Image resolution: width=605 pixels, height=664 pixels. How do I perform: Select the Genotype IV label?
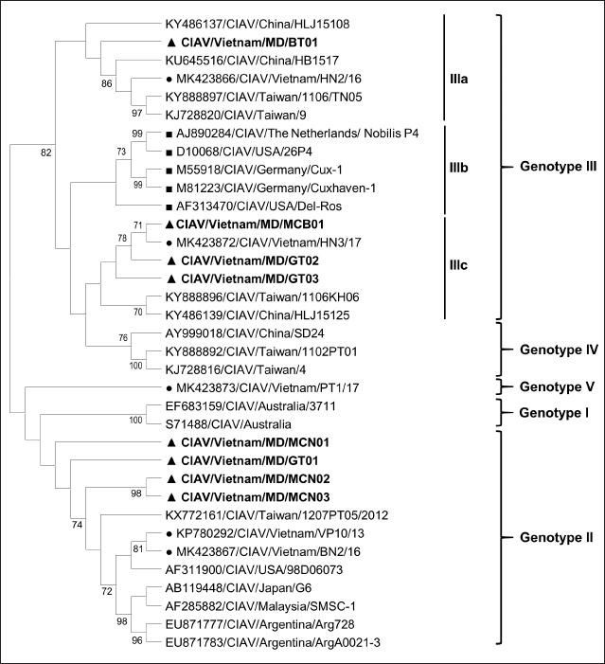coord(558,349)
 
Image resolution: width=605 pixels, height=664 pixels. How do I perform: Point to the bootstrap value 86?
coord(94,82)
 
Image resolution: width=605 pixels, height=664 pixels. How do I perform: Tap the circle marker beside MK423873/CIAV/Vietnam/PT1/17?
coord(168,388)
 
